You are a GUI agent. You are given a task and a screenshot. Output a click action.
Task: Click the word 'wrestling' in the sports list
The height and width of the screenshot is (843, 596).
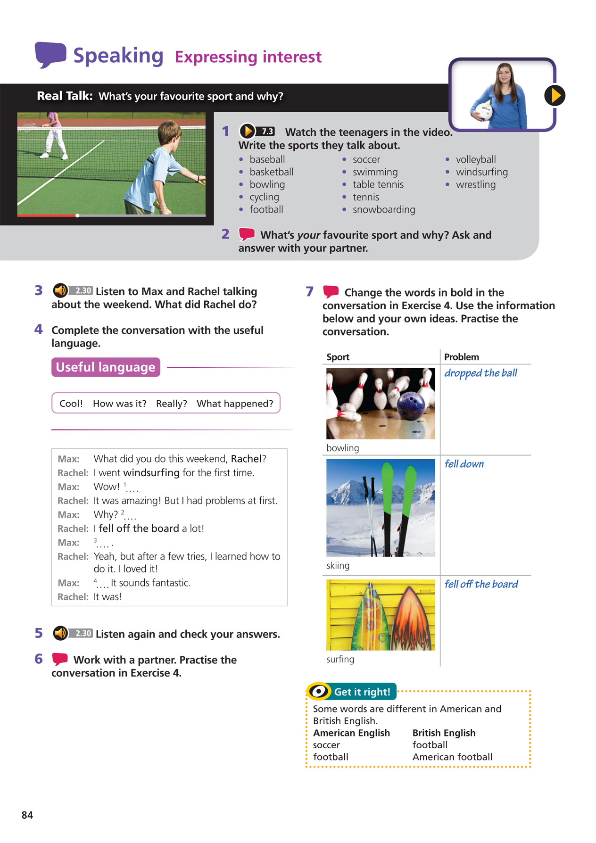[x=475, y=185]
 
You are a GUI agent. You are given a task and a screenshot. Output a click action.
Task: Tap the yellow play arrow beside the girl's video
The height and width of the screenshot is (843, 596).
[x=555, y=95]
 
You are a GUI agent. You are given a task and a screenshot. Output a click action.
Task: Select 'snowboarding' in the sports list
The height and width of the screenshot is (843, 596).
[x=384, y=210]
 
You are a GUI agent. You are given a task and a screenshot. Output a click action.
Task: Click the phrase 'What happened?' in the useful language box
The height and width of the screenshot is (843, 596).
[x=235, y=404]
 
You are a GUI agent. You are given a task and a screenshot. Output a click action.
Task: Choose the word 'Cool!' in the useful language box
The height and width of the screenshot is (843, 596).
[x=71, y=404]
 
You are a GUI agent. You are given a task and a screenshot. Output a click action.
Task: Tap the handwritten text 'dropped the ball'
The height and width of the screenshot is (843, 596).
[x=480, y=373]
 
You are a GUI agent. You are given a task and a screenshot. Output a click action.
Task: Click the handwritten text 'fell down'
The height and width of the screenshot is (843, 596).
[x=464, y=464]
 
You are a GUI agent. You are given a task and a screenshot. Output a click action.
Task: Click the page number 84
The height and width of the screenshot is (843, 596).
[x=27, y=815]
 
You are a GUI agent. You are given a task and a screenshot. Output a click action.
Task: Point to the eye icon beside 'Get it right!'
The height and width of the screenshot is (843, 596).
[x=319, y=692]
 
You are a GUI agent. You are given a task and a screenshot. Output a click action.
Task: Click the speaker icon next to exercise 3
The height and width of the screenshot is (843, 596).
[x=60, y=290]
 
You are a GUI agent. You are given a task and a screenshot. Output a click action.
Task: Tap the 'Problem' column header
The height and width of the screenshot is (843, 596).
[x=461, y=357]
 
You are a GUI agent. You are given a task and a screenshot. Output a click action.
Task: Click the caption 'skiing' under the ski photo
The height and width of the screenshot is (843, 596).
[x=338, y=566]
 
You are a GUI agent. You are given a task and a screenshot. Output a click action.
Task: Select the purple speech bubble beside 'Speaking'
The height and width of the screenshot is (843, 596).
[x=50, y=54]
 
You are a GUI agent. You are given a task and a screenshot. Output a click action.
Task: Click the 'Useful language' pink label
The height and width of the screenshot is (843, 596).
[x=106, y=367]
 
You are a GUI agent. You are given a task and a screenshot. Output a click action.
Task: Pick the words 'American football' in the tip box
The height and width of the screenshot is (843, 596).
[x=452, y=757]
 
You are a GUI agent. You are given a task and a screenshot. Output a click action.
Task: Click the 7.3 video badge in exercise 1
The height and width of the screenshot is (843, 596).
[x=267, y=132]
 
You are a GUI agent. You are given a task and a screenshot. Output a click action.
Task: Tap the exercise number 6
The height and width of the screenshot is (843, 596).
[x=39, y=659]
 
